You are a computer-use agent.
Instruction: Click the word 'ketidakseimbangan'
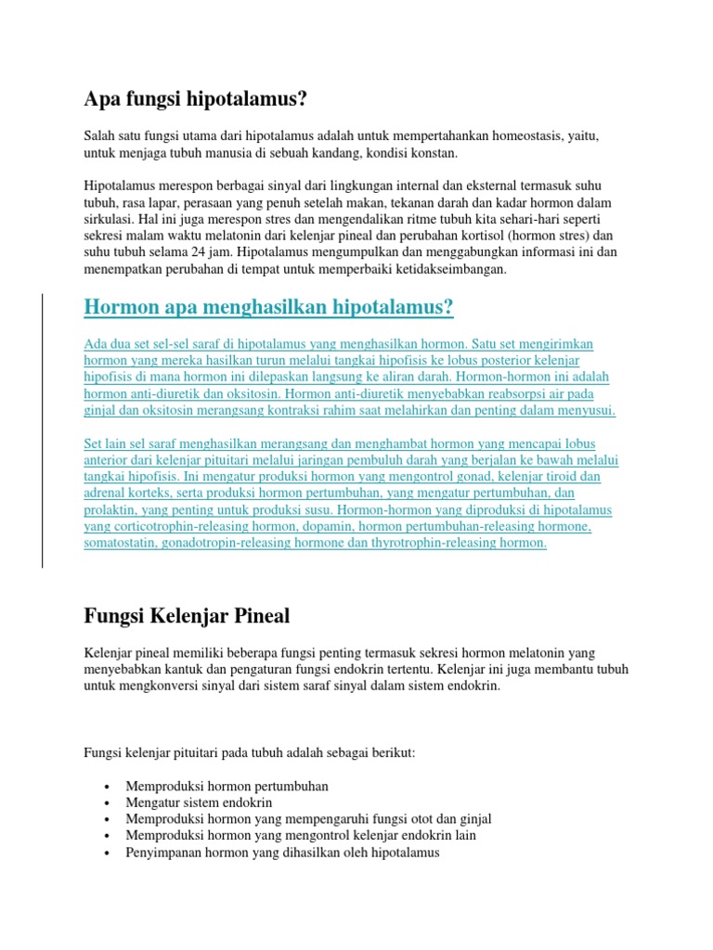click(452, 269)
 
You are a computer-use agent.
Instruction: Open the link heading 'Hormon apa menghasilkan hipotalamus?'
click(268, 307)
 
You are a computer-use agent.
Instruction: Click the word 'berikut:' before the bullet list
click(393, 753)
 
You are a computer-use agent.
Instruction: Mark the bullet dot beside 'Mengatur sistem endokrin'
click(109, 802)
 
